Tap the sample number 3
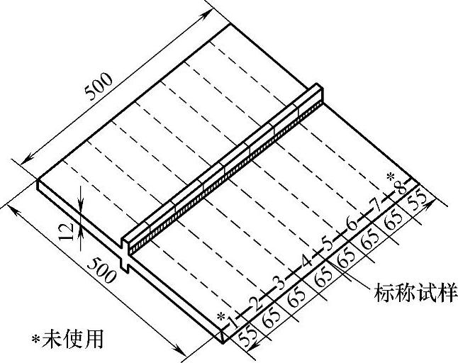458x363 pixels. click(280, 279)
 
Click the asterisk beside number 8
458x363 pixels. click(390, 177)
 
